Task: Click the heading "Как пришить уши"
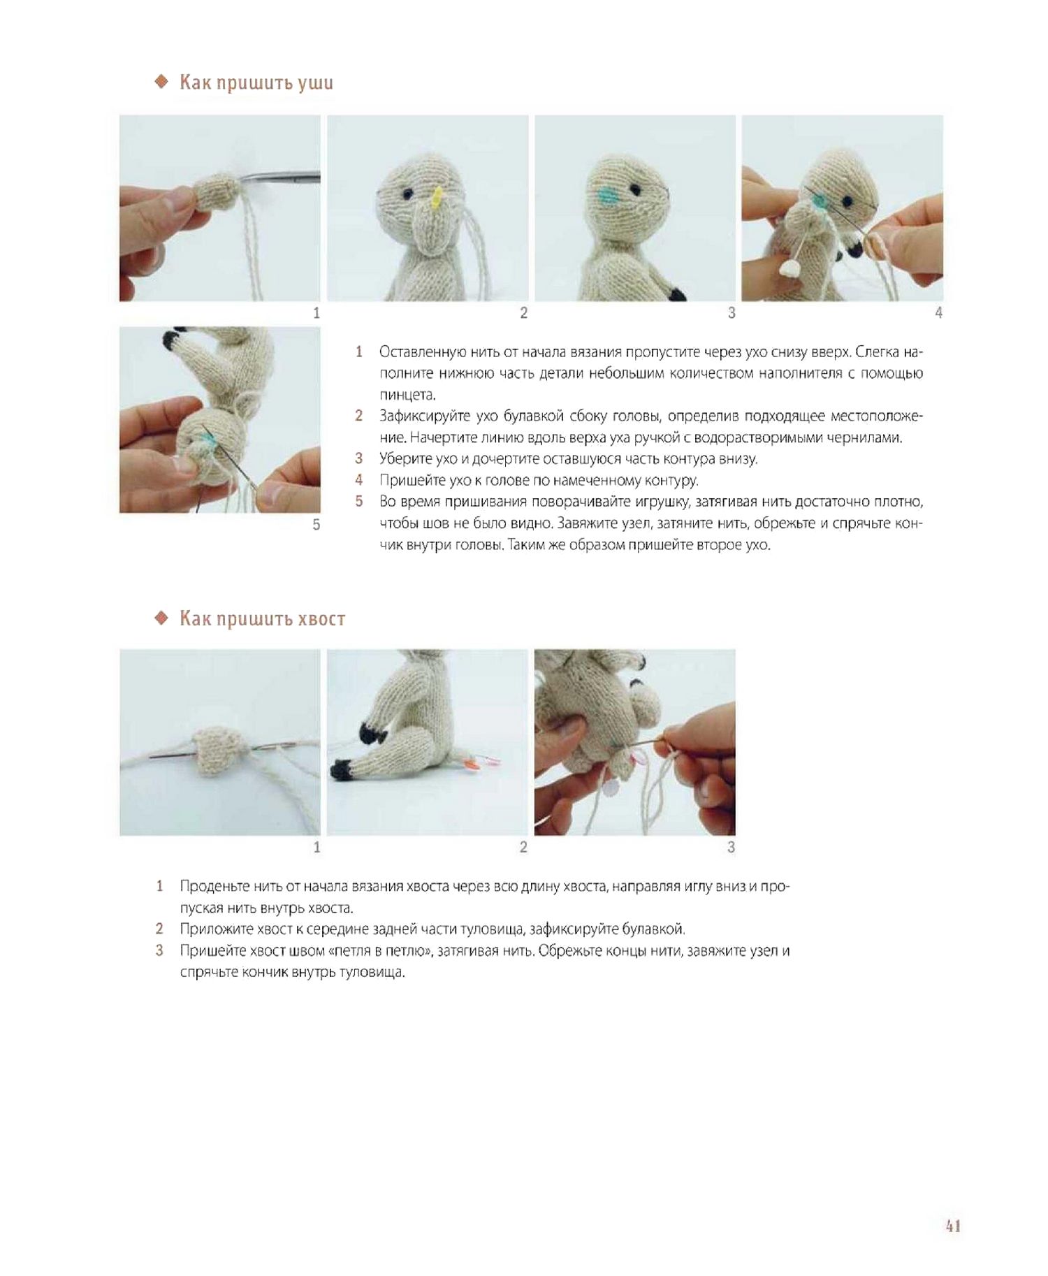[x=256, y=82]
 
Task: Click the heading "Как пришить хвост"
[x=263, y=618]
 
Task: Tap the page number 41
[x=953, y=1226]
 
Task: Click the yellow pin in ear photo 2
[x=437, y=198]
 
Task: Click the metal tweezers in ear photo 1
[x=279, y=179]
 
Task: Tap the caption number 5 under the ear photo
[x=316, y=524]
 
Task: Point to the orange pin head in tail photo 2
[x=473, y=766]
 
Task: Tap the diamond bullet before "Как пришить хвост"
[x=161, y=618]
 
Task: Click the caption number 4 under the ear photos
[x=938, y=313]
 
